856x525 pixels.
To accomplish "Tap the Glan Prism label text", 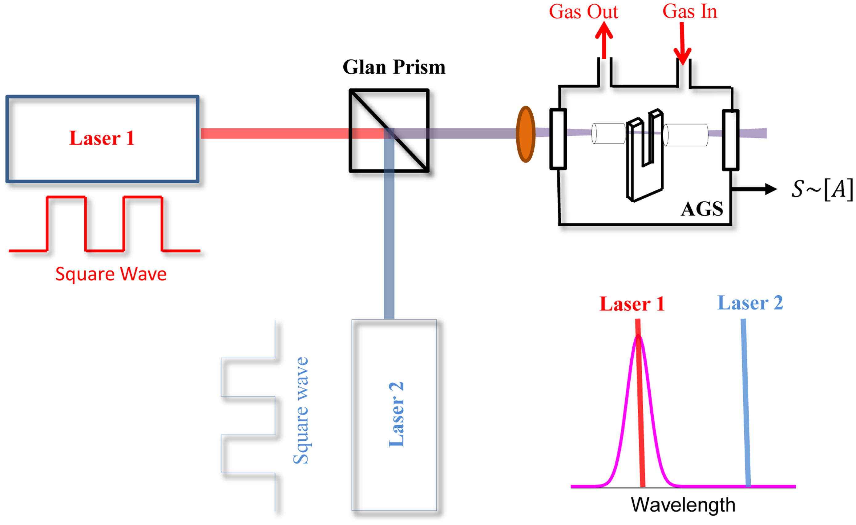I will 394,67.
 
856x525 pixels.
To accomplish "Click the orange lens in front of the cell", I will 525,135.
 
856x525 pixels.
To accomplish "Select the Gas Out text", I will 583,12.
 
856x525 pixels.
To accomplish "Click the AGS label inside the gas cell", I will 702,209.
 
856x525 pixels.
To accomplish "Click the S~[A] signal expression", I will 822,189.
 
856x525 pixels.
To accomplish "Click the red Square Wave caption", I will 111,274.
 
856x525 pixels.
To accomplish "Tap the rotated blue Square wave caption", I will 301,410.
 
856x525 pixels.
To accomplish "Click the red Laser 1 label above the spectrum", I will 632,304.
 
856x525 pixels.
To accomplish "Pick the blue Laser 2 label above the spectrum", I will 750,303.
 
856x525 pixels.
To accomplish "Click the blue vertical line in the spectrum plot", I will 745,403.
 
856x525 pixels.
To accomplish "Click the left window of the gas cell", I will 558,139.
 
